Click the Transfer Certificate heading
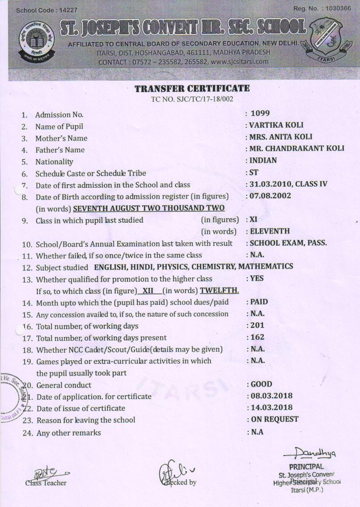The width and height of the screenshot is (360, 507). coord(192,89)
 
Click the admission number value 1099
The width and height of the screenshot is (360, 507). coord(260,114)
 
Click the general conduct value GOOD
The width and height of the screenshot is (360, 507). coord(261,384)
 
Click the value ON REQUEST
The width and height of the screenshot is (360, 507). coord(274,419)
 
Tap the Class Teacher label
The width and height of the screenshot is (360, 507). coord(46,483)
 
